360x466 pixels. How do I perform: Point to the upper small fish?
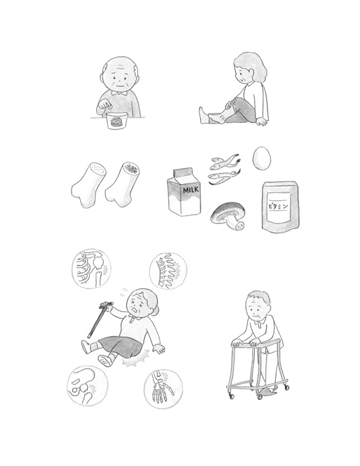point(224,160)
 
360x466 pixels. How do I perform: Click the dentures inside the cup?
point(116,122)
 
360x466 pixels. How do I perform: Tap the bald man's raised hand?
point(104,106)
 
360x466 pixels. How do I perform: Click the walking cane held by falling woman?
point(100,320)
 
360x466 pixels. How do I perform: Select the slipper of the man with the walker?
point(267,391)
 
